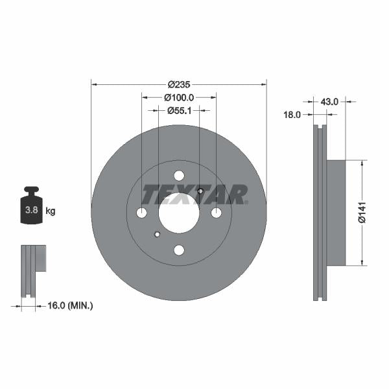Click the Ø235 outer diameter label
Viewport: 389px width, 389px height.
[178, 84]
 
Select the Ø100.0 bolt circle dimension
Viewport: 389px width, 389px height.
[178, 98]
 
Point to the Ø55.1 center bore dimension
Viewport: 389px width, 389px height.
[178, 111]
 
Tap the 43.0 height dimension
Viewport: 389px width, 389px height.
[330, 101]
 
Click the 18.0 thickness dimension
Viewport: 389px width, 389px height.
[292, 115]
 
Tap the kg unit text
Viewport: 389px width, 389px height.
[51, 211]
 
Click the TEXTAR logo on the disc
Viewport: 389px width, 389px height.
[194, 194]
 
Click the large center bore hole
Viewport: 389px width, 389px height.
[178, 213]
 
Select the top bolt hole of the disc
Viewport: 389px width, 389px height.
[179, 175]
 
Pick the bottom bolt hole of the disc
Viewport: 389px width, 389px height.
[179, 250]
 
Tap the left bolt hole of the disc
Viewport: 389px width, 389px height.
[141, 213]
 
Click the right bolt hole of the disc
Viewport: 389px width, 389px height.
[217, 213]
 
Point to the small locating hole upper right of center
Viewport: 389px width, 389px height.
[200, 191]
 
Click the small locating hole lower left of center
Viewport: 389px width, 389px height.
[157, 234]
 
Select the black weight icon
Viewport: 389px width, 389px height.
[30, 206]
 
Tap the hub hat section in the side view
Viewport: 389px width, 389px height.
[336, 213]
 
